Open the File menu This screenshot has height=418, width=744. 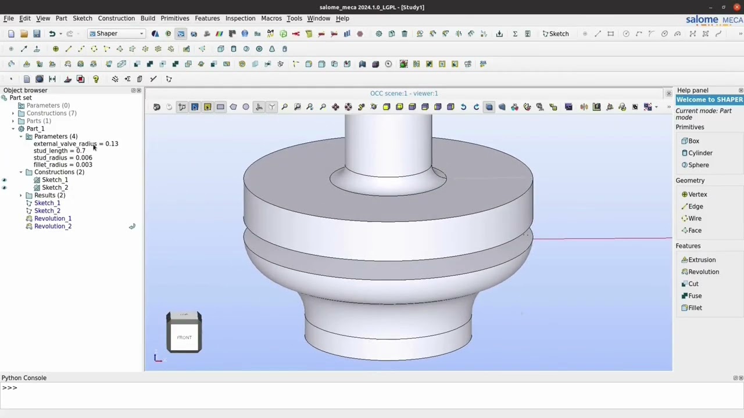pos(9,19)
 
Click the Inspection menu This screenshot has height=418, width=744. pos(240,19)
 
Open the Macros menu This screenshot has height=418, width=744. pos(271,19)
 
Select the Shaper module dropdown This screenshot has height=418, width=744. pos(116,34)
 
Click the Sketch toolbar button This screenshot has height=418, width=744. pos(556,34)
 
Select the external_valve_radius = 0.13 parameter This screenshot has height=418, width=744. pos(76,144)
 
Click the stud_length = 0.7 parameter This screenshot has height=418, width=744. pos(59,151)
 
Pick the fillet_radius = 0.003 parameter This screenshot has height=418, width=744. pos(63,165)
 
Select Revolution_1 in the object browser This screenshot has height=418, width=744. pos(53,219)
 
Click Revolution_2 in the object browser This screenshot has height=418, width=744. pos(53,226)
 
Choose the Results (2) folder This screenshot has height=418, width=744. pos(49,196)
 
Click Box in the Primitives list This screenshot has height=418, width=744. pos(693,141)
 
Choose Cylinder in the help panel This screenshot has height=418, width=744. pos(700,153)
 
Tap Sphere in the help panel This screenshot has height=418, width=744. pos(698,165)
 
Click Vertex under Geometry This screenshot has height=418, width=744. pos(697,194)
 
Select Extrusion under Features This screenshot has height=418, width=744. pos(702,260)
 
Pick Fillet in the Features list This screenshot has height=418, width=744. pos(695,308)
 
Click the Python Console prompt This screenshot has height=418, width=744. pos(233,388)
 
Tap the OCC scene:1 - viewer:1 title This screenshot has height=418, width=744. pos(404,93)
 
